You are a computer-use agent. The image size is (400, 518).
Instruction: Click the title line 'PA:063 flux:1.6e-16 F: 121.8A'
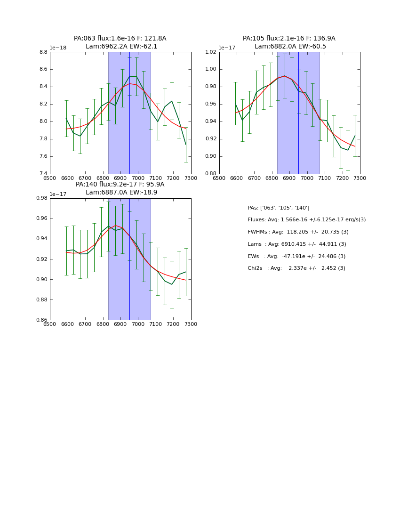pyautogui.click(x=120, y=39)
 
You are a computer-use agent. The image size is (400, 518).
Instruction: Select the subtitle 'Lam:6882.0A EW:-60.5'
pyautogui.click(x=290, y=47)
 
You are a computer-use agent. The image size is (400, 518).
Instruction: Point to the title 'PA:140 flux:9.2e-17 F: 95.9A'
pyautogui.click(x=120, y=185)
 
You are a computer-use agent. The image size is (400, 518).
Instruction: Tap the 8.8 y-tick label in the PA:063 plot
pyautogui.click(x=43, y=52)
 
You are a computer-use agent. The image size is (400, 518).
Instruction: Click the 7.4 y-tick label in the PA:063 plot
pyautogui.click(x=43, y=174)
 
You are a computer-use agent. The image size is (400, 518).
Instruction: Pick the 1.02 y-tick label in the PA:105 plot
pyautogui.click(x=210, y=52)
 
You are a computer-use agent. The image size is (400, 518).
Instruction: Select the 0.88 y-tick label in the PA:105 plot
pyautogui.click(x=210, y=174)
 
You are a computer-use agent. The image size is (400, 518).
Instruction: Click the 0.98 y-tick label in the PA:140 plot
pyautogui.click(x=41, y=198)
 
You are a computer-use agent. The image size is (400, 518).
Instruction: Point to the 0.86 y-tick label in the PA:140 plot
pyautogui.click(x=41, y=320)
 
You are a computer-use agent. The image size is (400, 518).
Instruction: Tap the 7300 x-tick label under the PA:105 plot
pyautogui.click(x=360, y=178)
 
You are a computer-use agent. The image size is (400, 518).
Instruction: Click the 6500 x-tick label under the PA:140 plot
pyautogui.click(x=50, y=324)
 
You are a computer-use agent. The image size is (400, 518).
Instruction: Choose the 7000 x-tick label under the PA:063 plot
pyautogui.click(x=138, y=178)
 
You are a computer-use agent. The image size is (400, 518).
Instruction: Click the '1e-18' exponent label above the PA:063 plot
pyautogui.click(x=59, y=48)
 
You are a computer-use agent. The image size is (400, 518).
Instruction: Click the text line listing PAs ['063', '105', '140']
pyautogui.click(x=278, y=208)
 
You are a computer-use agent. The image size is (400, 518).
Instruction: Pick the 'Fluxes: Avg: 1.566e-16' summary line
pyautogui.click(x=306, y=220)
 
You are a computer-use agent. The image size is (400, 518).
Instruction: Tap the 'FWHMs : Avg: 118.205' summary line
pyautogui.click(x=298, y=232)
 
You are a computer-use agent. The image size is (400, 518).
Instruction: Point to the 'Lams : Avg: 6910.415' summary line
pyautogui.click(x=296, y=244)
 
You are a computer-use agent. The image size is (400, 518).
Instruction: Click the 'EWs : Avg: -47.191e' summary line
pyautogui.click(x=296, y=256)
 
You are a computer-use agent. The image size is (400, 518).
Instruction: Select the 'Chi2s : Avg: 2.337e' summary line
pyautogui.click(x=296, y=268)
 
